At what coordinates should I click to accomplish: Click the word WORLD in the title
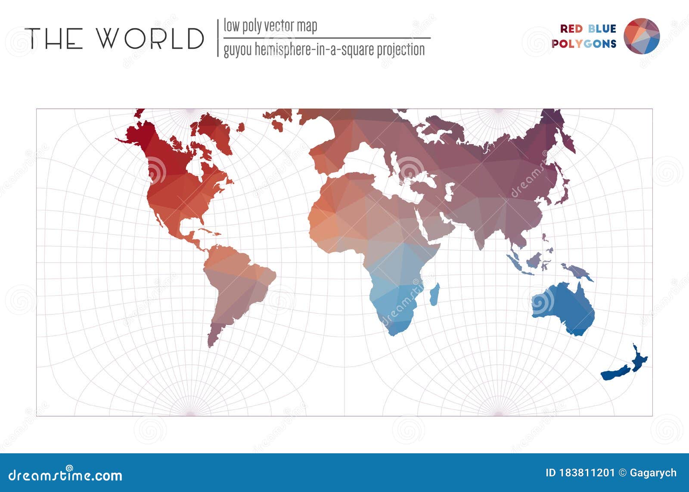pos(150,38)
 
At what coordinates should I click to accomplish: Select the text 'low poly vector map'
pos(270,26)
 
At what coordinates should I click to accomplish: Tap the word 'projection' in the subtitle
pos(400,50)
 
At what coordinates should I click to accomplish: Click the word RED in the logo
pos(571,29)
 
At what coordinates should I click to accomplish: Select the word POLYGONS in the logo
pos(584,44)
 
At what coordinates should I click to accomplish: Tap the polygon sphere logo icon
pos(642,36)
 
